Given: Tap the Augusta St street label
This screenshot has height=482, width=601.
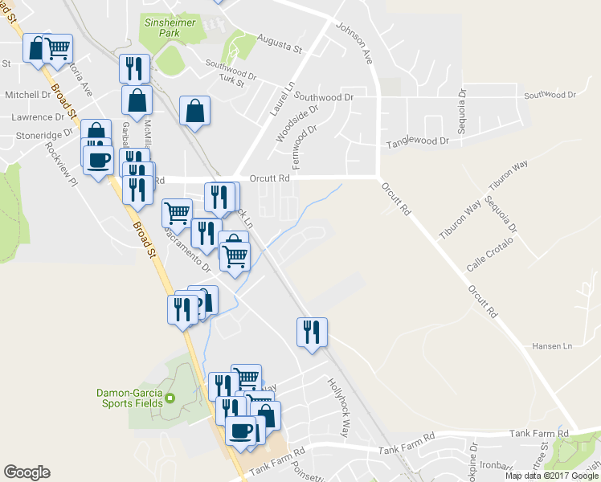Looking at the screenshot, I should coord(279,44).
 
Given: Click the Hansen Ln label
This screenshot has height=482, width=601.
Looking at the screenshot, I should coord(551,346).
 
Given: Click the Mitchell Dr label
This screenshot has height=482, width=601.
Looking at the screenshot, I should coord(27,95).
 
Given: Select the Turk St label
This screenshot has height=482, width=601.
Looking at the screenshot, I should coord(231,82).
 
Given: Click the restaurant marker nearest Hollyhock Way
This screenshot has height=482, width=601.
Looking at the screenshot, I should coord(311,332).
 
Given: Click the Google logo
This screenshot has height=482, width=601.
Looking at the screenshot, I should coord(27,472).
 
